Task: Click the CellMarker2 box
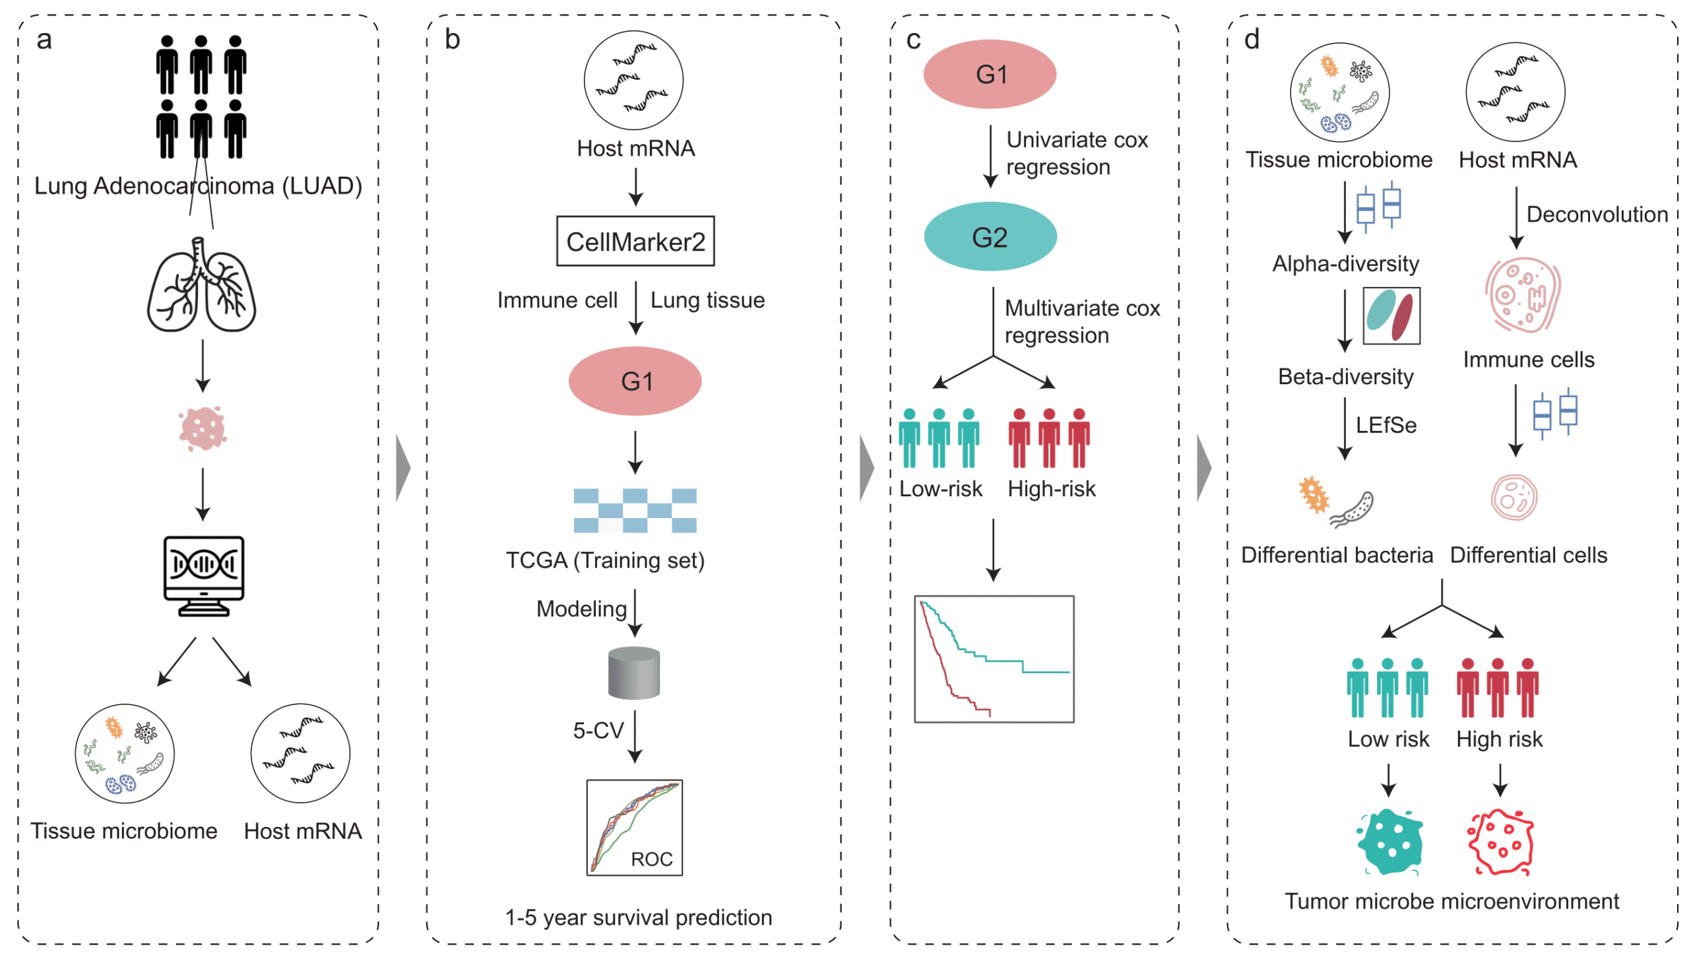(x=635, y=241)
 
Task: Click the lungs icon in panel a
(x=201, y=285)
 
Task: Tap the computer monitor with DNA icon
(x=204, y=574)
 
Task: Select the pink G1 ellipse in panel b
(x=635, y=381)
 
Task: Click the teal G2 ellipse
(x=990, y=236)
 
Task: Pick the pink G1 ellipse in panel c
(x=990, y=74)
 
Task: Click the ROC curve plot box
(x=634, y=827)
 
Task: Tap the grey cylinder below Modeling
(x=633, y=673)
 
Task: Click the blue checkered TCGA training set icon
(x=635, y=510)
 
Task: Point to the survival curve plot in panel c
(x=994, y=659)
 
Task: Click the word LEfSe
(x=1386, y=425)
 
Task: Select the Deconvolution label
(x=1597, y=215)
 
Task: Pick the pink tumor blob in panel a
(x=203, y=428)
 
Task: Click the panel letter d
(x=1252, y=40)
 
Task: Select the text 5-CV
(x=598, y=730)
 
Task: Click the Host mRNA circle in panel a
(x=300, y=753)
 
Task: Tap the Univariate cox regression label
(x=1076, y=153)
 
